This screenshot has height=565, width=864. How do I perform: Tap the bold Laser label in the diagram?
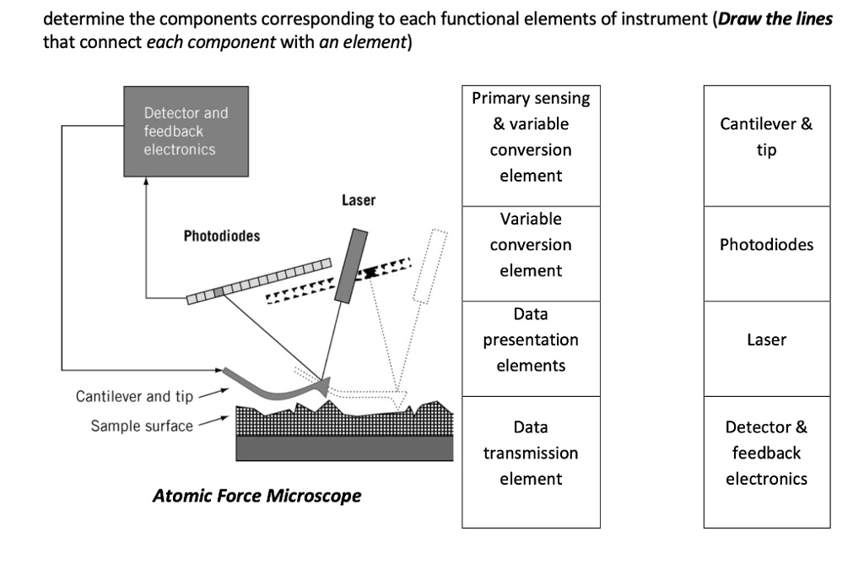point(359,200)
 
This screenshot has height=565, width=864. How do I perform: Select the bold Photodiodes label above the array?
point(222,236)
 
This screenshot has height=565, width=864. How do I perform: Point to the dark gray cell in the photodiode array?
point(220,291)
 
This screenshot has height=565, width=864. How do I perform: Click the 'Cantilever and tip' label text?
point(134,396)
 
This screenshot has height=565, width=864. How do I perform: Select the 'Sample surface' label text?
point(142,425)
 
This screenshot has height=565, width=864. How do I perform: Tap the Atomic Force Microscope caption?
point(256,496)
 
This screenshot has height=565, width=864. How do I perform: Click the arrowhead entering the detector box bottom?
point(147,181)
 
